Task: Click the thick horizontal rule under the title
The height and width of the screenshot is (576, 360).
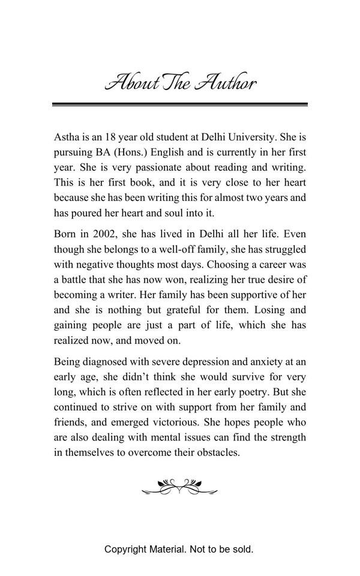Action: click(x=180, y=104)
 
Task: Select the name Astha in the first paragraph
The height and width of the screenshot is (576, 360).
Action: click(x=67, y=137)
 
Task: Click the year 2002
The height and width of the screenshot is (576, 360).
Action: click(x=109, y=233)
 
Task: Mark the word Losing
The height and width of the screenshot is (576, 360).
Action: click(x=272, y=310)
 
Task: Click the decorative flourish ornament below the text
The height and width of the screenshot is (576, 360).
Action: click(x=180, y=487)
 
